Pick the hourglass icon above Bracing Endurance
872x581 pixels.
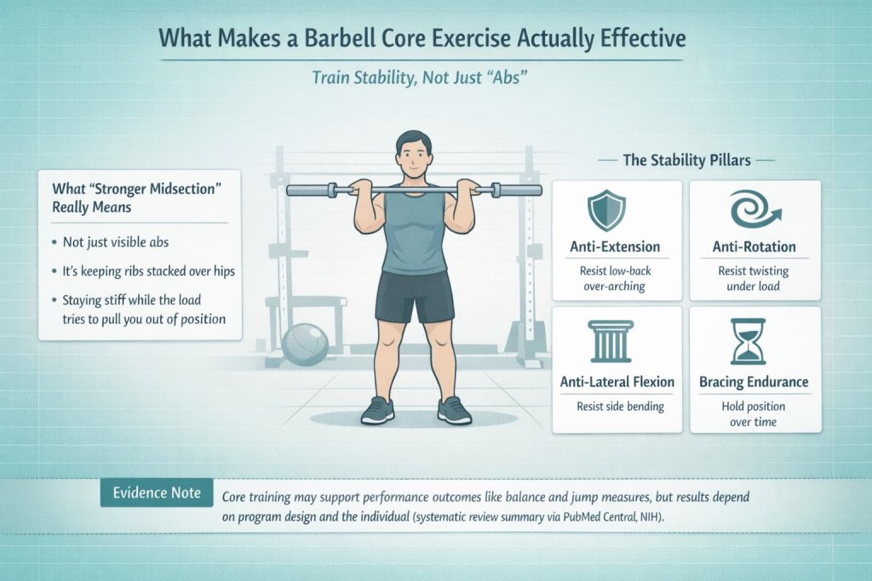pyautogui.click(x=754, y=342)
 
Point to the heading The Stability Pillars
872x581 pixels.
pyautogui.click(x=686, y=159)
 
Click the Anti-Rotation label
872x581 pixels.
pyautogui.click(x=754, y=247)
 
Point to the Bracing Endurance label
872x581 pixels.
pyautogui.click(x=754, y=382)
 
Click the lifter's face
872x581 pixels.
pyautogui.click(x=414, y=158)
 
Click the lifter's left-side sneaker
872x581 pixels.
pyautogui.click(x=377, y=411)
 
